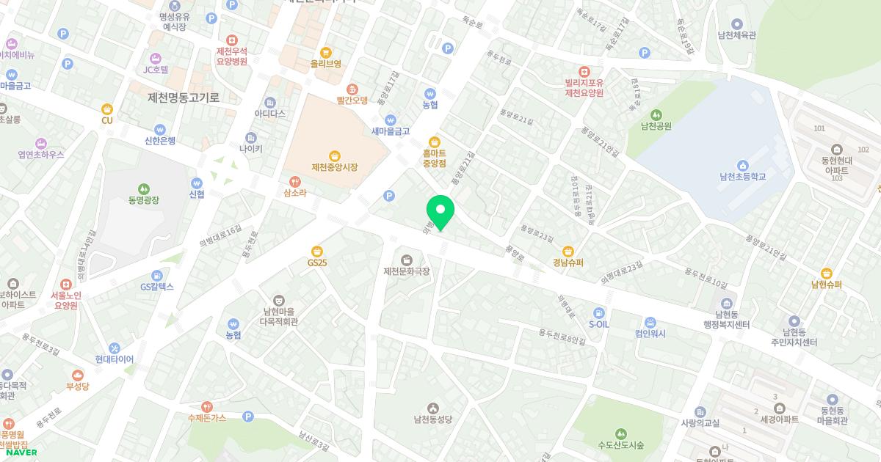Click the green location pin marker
pos(440,212)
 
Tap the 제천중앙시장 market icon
pos(335,155)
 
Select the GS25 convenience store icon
pos(317,251)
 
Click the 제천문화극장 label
pos(406,271)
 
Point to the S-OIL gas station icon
pos(599,312)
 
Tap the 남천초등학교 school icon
pos(742,165)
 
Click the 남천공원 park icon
pos(656,114)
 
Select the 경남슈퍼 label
pos(568,262)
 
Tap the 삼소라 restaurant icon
pos(294,181)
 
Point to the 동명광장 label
pos(143,199)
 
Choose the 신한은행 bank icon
pos(159,130)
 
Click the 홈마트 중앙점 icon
pos(435,142)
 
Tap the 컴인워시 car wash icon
pos(650,322)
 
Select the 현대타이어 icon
pos(115,348)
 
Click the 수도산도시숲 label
pos(620,444)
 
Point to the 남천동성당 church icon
pos(433,408)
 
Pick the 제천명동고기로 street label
pos(184,97)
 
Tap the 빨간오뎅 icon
pos(352,89)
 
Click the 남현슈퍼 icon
pos(827,274)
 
